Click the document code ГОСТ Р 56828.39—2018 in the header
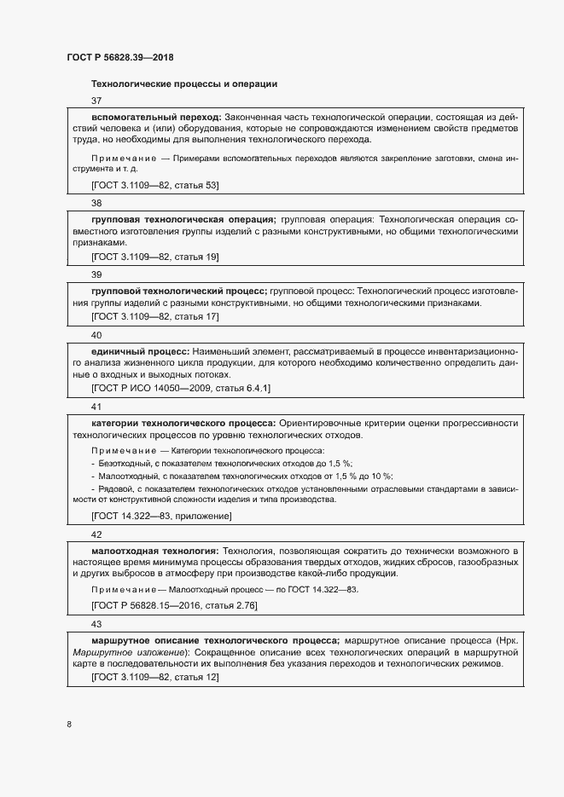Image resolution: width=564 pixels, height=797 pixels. (120, 57)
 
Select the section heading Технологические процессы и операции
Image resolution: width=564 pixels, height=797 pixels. (183, 84)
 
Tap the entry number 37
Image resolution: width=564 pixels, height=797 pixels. (96, 101)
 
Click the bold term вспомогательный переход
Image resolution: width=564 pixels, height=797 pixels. (156, 116)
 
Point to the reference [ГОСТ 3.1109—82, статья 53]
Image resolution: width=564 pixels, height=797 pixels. (155, 184)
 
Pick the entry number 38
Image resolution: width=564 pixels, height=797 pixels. (96, 203)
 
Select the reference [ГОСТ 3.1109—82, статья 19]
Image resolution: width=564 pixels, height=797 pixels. (155, 257)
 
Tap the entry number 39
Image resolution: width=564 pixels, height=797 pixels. (96, 274)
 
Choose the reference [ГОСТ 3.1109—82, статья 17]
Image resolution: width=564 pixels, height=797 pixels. (155, 316)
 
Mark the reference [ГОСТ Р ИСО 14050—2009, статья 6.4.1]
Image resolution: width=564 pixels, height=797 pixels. (181, 388)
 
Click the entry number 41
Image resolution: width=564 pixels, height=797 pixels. (96, 407)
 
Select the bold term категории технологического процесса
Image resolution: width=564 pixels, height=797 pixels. (183, 423)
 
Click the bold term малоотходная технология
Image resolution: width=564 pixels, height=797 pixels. (154, 551)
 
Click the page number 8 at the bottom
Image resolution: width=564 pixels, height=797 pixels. (69, 725)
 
